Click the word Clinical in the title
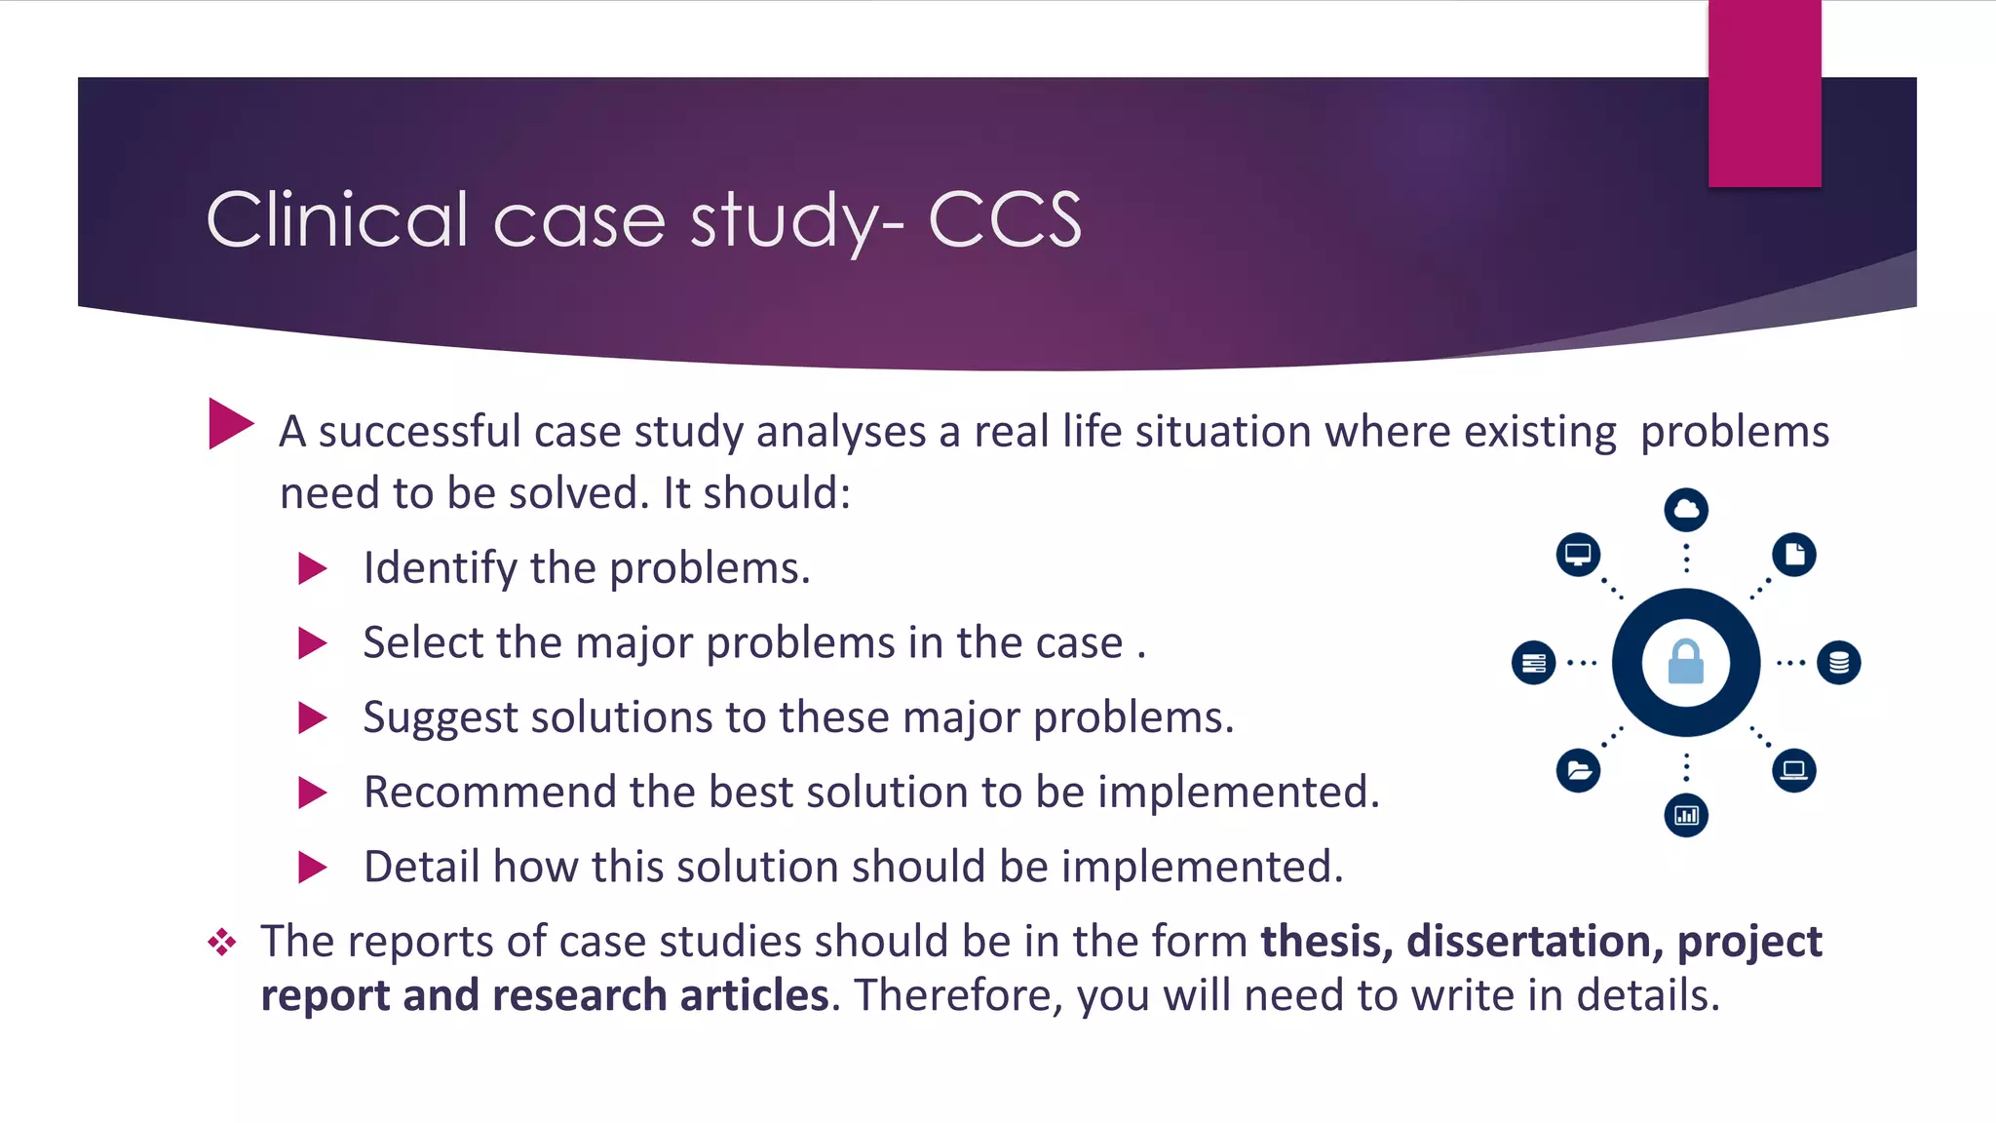(x=337, y=219)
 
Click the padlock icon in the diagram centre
(x=1685, y=662)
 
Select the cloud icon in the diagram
(x=1686, y=509)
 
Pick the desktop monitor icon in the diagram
(x=1578, y=555)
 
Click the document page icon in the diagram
(x=1794, y=555)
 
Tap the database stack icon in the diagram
(x=1839, y=663)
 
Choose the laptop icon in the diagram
(x=1794, y=770)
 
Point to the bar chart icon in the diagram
(x=1686, y=815)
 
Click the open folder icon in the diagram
(x=1579, y=771)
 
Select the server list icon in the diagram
(x=1533, y=663)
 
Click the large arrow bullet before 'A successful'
(x=230, y=424)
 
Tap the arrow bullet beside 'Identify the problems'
(x=312, y=568)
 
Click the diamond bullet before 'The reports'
(x=222, y=942)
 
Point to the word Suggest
(x=441, y=717)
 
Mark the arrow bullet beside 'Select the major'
(x=312, y=643)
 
